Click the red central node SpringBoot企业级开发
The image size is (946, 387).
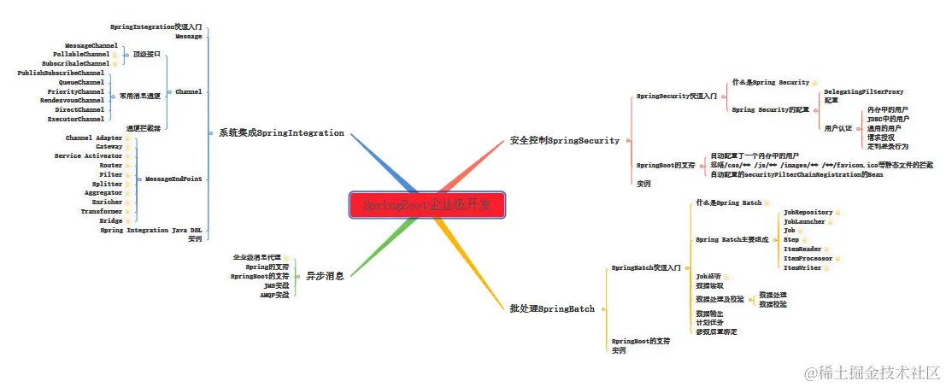(x=427, y=205)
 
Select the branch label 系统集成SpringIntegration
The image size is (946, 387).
(x=281, y=133)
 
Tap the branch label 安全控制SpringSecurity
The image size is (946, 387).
(x=564, y=140)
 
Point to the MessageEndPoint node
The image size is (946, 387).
(x=173, y=179)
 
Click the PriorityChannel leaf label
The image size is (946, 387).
(x=76, y=91)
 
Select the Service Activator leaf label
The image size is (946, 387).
(x=89, y=156)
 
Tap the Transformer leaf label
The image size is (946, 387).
(x=102, y=211)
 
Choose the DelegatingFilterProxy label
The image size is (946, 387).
(x=863, y=91)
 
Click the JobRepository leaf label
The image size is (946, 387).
(x=808, y=211)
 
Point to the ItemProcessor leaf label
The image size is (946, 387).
(x=808, y=257)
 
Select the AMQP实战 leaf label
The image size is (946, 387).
(x=274, y=295)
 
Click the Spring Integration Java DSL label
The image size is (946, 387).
(x=151, y=230)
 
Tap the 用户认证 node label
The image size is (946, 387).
(x=837, y=128)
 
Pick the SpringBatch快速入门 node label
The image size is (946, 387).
(x=645, y=268)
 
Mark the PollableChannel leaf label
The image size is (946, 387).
(x=81, y=54)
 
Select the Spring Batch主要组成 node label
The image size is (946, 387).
(x=732, y=240)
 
